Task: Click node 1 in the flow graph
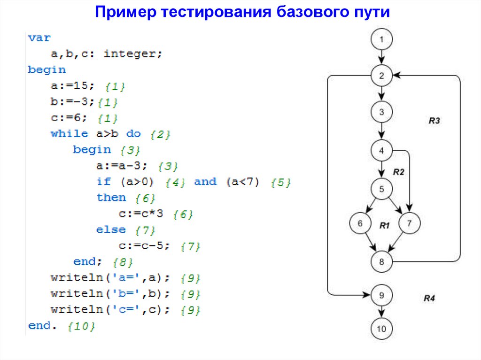(x=381, y=40)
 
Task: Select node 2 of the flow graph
(x=381, y=76)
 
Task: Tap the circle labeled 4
(x=381, y=151)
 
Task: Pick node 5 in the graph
(x=381, y=189)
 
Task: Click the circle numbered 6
(x=360, y=223)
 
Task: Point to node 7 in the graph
(x=409, y=223)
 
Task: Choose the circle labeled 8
(x=381, y=261)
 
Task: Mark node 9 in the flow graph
(x=381, y=295)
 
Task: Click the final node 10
(x=381, y=329)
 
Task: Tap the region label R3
(x=434, y=121)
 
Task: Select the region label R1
(x=385, y=226)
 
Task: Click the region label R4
(x=429, y=298)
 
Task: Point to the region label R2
(x=398, y=172)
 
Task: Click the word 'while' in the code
(x=69, y=133)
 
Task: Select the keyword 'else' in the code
(x=111, y=230)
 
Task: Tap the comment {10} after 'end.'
(x=81, y=326)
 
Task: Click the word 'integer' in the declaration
(x=131, y=54)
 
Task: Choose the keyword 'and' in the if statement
(x=205, y=182)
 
